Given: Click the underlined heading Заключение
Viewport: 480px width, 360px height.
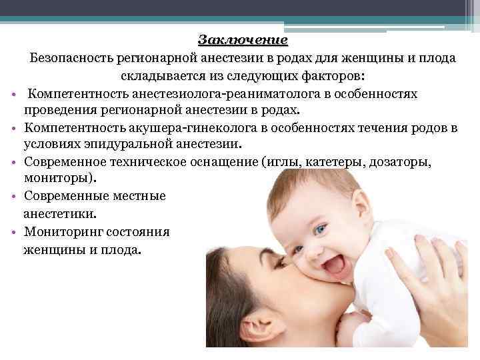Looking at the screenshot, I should point(243,40).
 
